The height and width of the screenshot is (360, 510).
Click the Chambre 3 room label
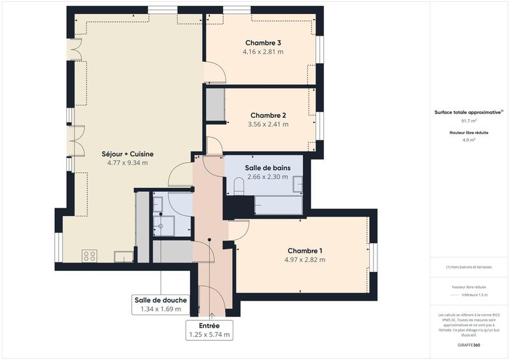pos(263,43)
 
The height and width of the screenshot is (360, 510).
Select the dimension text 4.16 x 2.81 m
pos(263,52)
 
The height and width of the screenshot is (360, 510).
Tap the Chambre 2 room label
pos(268,115)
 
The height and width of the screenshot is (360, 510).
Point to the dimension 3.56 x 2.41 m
pos(268,124)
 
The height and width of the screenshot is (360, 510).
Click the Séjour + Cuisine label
pos(127,154)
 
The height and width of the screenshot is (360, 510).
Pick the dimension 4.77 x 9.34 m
pos(127,162)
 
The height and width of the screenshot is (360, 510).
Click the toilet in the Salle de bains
pos(239,187)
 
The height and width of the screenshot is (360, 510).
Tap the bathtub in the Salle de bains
pos(278,205)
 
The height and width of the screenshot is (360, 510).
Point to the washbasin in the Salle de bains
pos(298,184)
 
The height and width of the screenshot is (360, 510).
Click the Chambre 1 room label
pos(305,250)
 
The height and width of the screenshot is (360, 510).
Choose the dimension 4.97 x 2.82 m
pos(305,259)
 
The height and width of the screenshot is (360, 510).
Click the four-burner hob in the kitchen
pos(89,256)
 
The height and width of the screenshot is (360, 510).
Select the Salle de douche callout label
pos(161,300)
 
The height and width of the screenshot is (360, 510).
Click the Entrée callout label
pos(209,325)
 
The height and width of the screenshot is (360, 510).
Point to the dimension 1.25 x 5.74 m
pos(209,334)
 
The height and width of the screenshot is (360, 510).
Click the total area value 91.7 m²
pos(469,120)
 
